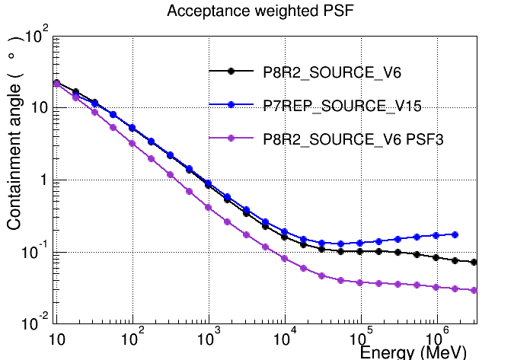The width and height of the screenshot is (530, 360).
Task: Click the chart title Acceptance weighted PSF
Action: [x=260, y=11]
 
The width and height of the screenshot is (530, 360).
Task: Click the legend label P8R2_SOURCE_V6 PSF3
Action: [x=353, y=139]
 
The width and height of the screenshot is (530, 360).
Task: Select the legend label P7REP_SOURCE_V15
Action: [x=343, y=106]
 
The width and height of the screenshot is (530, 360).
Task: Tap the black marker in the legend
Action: [x=231, y=71]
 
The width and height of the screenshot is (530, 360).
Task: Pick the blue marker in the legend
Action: [x=231, y=105]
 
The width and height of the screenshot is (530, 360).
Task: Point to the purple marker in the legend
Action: [x=231, y=138]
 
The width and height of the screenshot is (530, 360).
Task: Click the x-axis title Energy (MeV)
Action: [x=413, y=352]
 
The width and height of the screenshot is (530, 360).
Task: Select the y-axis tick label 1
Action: [x=43, y=180]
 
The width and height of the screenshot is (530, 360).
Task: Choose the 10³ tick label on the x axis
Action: [x=209, y=336]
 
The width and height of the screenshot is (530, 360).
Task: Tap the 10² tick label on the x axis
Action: [x=132, y=336]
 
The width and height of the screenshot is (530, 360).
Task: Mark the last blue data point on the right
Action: [x=455, y=234]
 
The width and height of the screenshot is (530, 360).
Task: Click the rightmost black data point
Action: [x=474, y=262]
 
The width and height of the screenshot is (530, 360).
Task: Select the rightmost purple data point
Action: [x=474, y=291]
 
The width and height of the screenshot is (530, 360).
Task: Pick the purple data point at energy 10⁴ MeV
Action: [x=285, y=258]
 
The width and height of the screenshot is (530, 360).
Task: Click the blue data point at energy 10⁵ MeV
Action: [x=360, y=243]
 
